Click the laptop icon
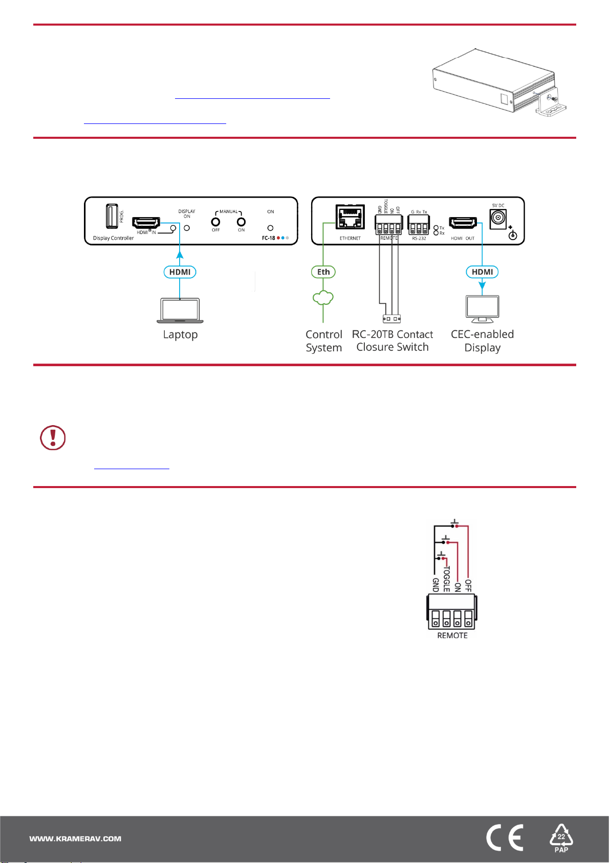pos(180,310)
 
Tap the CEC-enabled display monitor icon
pos(482,308)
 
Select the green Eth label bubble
pos(323,272)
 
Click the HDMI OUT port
pos(463,223)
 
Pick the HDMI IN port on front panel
pos(146,223)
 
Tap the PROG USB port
pos(111,216)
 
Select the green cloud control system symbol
pos(323,298)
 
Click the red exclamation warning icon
pos(53,438)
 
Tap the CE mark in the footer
pos(505,838)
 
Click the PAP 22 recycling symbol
pos(561,838)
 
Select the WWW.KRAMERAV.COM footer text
pos(75,839)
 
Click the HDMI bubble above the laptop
pos(180,272)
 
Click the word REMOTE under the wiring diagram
pos(452,636)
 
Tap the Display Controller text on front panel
pos(113,238)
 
